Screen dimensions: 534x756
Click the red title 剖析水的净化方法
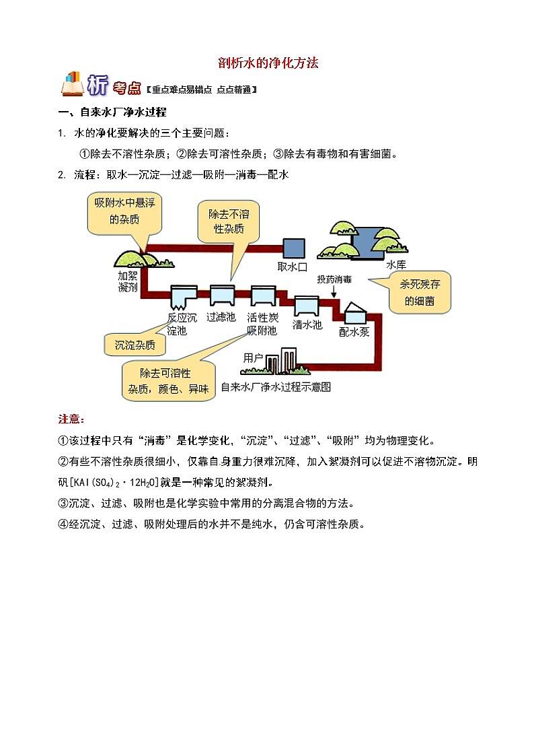[x=268, y=63]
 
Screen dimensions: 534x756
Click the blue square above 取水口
[x=293, y=248]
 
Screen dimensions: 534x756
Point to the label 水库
[x=396, y=265]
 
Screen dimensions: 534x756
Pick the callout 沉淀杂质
[x=135, y=345]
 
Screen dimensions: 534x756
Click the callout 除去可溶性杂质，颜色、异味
[x=168, y=381]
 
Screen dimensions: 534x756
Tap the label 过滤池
[x=221, y=317]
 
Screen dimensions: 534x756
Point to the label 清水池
[x=307, y=324]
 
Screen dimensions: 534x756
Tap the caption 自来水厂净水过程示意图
[x=275, y=387]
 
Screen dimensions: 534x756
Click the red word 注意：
[x=71, y=419]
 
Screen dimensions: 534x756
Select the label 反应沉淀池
[x=182, y=324]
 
